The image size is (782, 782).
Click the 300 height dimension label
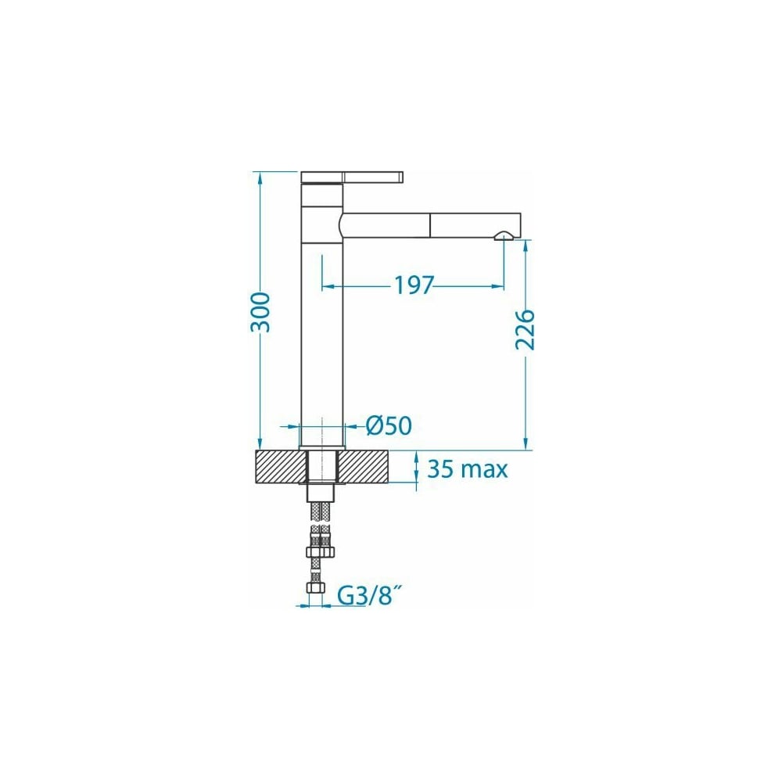261,313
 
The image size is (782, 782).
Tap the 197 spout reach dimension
414,285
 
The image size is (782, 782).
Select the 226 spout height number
526,330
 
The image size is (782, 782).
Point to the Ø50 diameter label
389,426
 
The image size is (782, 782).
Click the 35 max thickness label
468,469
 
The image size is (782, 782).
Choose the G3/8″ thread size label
371,595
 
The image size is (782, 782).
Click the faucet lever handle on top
352,177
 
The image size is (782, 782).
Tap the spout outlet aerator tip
503,236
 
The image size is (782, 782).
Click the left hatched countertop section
280,466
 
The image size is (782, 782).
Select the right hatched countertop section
364,466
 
